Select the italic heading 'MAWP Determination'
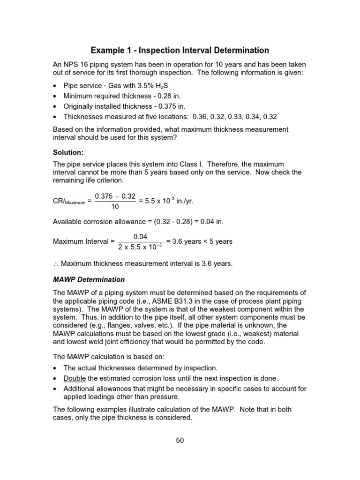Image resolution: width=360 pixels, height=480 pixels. [x=89, y=279]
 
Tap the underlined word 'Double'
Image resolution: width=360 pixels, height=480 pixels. [x=75, y=378]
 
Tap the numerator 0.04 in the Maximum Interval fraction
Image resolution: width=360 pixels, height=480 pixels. [x=141, y=237]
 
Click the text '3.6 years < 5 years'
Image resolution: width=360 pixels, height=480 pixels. [x=199, y=241]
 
